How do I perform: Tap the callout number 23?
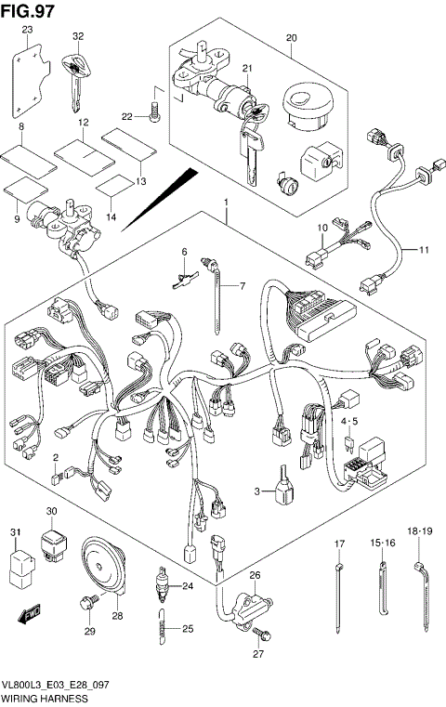[x=27, y=31]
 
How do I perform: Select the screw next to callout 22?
[x=154, y=114]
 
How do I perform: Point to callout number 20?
[x=291, y=38]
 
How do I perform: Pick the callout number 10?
[x=323, y=228]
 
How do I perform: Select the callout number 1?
[x=225, y=202]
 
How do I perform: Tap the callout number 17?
[x=339, y=543]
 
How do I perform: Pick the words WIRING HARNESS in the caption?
[x=45, y=698]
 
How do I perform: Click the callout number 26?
[x=254, y=577]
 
